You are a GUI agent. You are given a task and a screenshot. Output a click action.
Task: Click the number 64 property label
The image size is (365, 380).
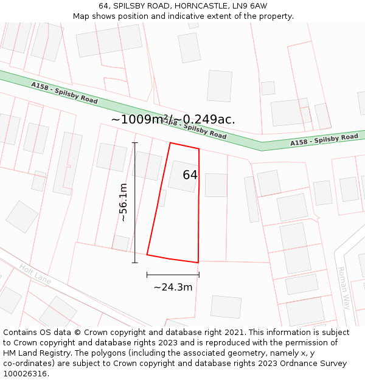pos(190,175)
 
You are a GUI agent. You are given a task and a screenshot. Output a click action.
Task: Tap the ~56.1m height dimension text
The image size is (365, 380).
pos(123,202)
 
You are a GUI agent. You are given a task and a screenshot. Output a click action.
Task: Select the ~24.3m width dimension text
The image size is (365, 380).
pos(173,287)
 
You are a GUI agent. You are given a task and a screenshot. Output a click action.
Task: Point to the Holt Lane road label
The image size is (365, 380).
pos(35,274)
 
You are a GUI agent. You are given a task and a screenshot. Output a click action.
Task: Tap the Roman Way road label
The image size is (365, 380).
pos(344,288)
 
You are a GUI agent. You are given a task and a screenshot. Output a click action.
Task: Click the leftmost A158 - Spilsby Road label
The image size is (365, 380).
pos(64,92)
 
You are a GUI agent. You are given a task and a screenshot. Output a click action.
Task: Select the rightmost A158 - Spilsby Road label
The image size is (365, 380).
pos(324,140)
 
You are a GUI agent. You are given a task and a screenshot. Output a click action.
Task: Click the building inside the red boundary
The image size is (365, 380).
pos(182,176)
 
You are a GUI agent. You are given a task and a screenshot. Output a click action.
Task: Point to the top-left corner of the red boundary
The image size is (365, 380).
pos(170,143)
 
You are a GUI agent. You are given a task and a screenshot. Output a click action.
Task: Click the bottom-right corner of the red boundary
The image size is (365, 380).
pos(198,263)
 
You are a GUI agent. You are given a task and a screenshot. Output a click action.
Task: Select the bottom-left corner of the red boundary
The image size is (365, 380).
pos(147,255)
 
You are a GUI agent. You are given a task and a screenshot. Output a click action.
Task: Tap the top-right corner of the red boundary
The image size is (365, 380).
pos(199,148)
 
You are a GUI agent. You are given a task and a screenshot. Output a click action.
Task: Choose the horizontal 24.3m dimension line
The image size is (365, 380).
pos(173,275)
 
